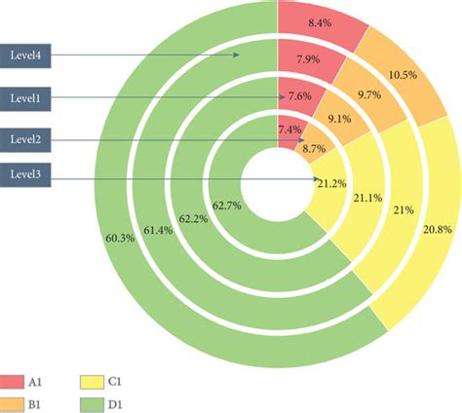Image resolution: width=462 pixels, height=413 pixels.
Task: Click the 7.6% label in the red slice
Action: (x=301, y=96)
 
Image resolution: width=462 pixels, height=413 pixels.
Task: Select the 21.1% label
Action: (x=368, y=199)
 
